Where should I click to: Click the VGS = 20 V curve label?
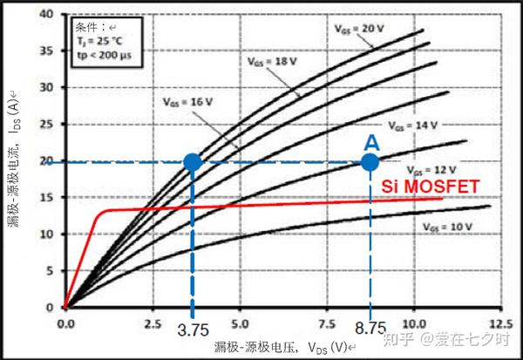tap(359, 28)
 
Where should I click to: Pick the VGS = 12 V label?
tap(431, 167)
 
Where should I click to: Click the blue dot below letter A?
tap(370, 161)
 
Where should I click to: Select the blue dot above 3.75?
tap(193, 161)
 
